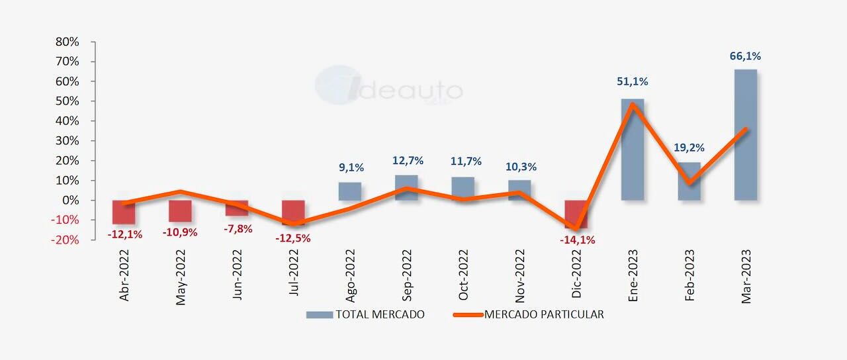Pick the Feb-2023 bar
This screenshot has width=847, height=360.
point(689,181)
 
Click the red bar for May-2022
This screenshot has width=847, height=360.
point(180,211)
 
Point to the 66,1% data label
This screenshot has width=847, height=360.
point(745,56)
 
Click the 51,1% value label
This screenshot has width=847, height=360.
point(632,81)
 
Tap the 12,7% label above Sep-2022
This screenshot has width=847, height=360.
point(408,161)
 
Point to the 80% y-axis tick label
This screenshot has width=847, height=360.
point(67,42)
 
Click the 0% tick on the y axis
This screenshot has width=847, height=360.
point(70,201)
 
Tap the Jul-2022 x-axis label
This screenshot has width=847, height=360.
point(294,276)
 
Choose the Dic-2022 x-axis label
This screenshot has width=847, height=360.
point(576,276)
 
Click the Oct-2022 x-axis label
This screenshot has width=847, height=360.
point(463,276)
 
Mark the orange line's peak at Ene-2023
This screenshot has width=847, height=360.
point(633,105)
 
